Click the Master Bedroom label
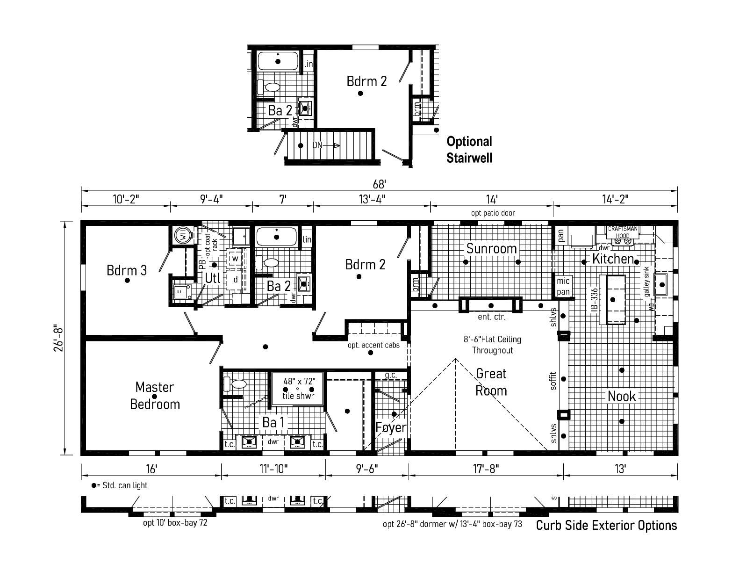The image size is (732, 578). pyautogui.click(x=155, y=396)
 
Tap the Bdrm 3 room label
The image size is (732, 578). pyautogui.click(x=127, y=270)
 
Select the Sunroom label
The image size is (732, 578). pyautogui.click(x=491, y=248)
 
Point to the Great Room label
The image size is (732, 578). pyautogui.click(x=491, y=382)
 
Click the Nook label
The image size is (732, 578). pyautogui.click(x=622, y=397)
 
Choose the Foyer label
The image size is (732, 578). pyautogui.click(x=391, y=427)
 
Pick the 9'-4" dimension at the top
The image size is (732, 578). pyautogui.click(x=211, y=199)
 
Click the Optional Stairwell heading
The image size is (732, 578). pyautogui.click(x=469, y=149)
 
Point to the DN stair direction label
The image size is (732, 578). pyautogui.click(x=317, y=145)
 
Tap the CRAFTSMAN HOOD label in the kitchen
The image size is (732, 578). pyautogui.click(x=622, y=232)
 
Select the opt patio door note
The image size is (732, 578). pyautogui.click(x=493, y=213)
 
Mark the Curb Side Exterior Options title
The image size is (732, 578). pyautogui.click(x=606, y=525)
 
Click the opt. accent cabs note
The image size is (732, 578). pyautogui.click(x=373, y=345)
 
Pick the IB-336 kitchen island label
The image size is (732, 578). pyautogui.click(x=594, y=300)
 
